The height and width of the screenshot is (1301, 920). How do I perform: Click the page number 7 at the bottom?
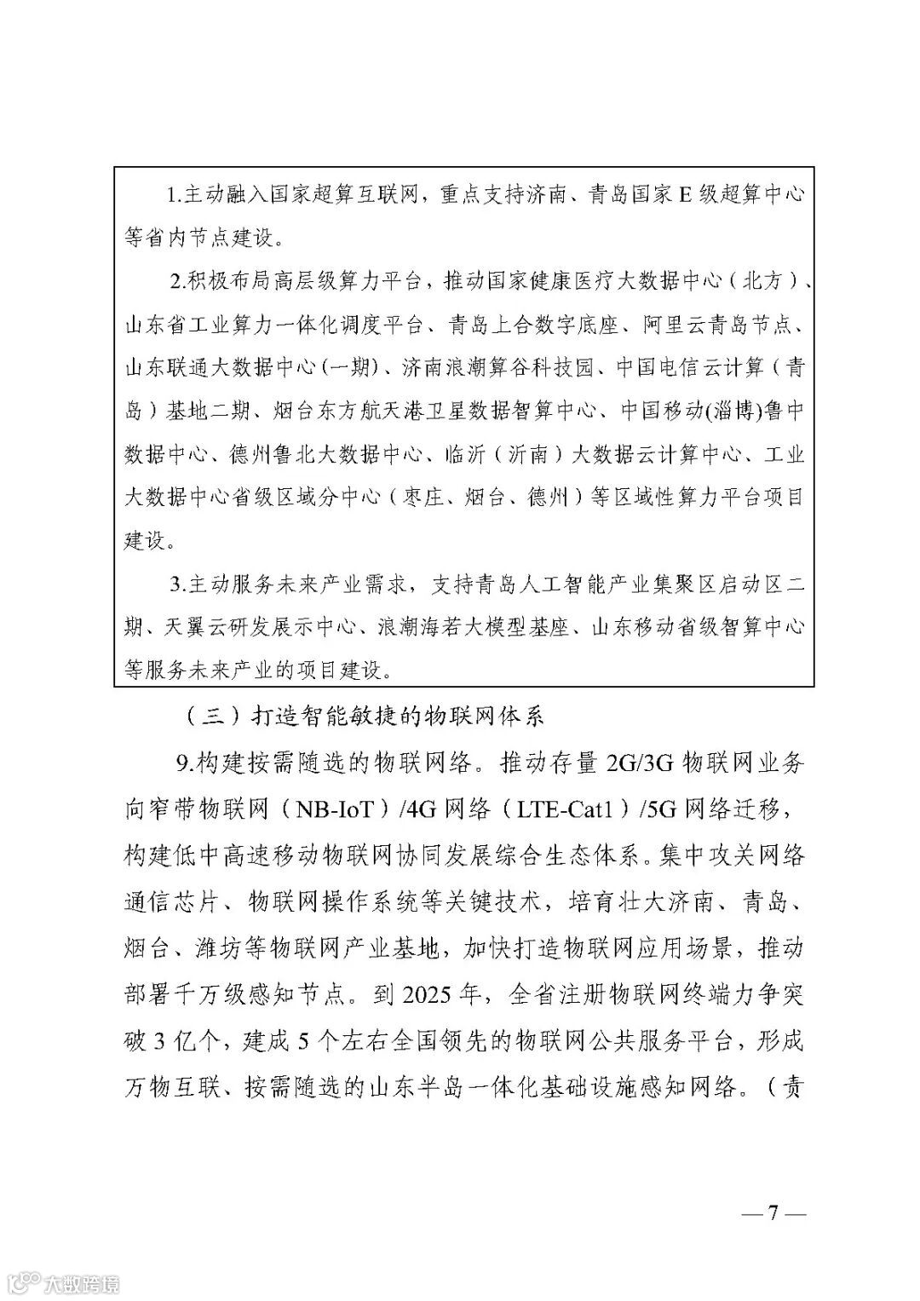tap(773, 1212)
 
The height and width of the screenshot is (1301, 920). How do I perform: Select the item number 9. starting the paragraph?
tap(185, 763)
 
